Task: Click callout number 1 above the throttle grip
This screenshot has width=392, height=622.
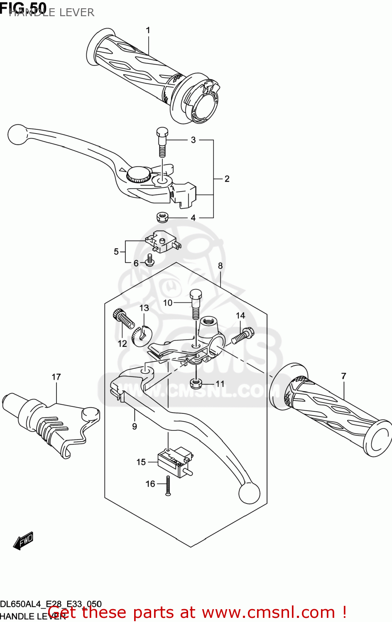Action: pyautogui.click(x=148, y=30)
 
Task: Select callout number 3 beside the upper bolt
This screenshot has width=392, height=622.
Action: pyautogui.click(x=193, y=140)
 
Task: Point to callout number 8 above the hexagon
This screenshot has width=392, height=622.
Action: pyautogui.click(x=220, y=266)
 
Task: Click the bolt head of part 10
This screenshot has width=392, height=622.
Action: pyautogui.click(x=196, y=295)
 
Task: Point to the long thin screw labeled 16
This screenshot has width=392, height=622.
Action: pyautogui.click(x=168, y=485)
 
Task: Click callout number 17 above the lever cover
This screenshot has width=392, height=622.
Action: pyautogui.click(x=56, y=377)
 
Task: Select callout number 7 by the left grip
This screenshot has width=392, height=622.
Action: pyautogui.click(x=343, y=376)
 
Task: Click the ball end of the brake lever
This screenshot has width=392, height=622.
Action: pyautogui.click(x=17, y=135)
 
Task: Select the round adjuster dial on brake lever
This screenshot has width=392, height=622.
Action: pyautogui.click(x=139, y=174)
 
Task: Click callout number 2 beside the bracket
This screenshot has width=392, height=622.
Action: pyautogui.click(x=227, y=179)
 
